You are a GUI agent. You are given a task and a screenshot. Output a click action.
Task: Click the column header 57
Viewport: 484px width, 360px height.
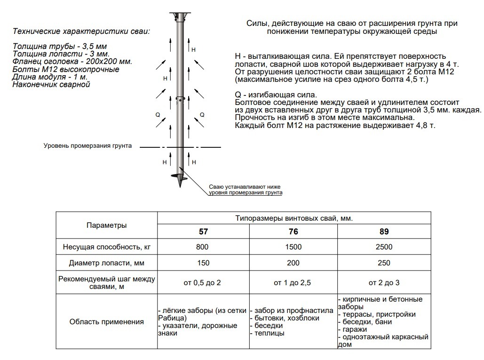tap(203, 232)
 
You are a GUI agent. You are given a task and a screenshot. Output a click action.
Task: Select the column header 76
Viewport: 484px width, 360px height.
tap(293, 232)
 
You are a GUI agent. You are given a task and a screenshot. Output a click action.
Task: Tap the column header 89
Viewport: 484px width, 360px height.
tap(384, 232)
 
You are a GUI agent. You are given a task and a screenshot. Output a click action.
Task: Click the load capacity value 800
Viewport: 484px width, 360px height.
tap(203, 247)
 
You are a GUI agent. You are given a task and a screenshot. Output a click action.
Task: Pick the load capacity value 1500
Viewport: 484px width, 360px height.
tap(293, 247)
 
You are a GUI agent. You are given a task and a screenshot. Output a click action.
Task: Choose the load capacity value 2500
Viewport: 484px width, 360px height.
tap(384, 247)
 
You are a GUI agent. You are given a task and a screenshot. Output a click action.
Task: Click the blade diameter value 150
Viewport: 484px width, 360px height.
tap(203, 263)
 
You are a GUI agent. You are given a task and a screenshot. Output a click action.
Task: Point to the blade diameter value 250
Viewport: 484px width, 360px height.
tap(384, 263)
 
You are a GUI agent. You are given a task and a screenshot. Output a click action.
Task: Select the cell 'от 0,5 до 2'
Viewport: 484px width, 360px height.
tap(203, 283)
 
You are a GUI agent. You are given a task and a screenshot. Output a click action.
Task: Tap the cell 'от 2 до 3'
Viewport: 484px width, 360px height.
tap(384, 283)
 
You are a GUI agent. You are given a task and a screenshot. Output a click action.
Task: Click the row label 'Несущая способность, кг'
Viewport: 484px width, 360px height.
tap(106, 247)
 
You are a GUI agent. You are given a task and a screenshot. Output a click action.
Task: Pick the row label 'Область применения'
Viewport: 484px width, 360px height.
tap(106, 322)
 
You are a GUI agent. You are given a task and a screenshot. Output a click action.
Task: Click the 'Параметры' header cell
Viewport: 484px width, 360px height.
tap(106, 225)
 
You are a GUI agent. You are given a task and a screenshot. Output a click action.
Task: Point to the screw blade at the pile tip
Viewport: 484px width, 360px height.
tap(179, 178)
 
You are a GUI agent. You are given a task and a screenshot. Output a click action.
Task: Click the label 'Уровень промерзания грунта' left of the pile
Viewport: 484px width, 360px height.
tap(87, 146)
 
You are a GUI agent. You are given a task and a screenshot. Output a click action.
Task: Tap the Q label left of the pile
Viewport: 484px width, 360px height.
tap(157, 115)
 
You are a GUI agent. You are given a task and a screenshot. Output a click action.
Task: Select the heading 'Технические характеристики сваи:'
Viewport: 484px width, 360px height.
tap(81, 32)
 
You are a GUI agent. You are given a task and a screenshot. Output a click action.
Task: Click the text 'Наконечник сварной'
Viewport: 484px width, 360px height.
tap(51, 85)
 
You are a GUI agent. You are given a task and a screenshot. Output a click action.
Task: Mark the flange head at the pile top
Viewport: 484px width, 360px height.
tap(179, 16)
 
